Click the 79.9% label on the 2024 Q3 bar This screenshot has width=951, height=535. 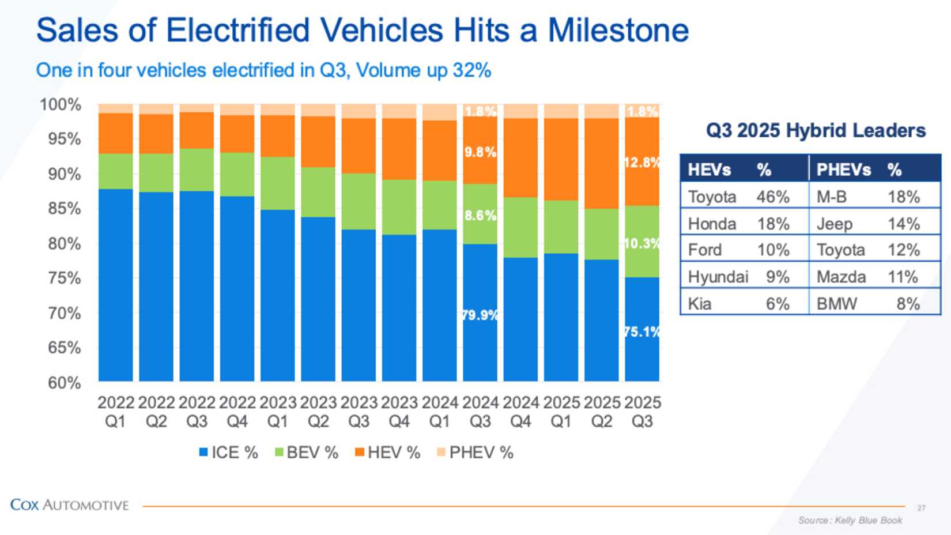pyautogui.click(x=480, y=315)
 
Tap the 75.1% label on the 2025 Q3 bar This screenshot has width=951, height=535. pyautogui.click(x=642, y=331)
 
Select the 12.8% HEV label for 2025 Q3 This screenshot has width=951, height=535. pyautogui.click(x=642, y=162)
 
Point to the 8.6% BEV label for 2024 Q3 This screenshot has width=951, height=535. pyautogui.click(x=480, y=215)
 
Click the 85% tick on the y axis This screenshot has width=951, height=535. pyautogui.click(x=65, y=209)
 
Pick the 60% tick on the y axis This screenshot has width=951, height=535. pyautogui.click(x=65, y=383)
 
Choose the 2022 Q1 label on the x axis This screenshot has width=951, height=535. pyautogui.click(x=115, y=412)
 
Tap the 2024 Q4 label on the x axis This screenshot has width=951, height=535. pyautogui.click(x=520, y=412)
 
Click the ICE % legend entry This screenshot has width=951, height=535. pyautogui.click(x=228, y=453)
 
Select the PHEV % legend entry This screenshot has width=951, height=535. pyautogui.click(x=474, y=453)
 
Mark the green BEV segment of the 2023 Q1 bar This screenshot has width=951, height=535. pyautogui.click(x=277, y=183)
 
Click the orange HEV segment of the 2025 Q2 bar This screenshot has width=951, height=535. pyautogui.click(x=601, y=163)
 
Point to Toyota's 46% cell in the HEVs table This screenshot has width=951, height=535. pyautogui.click(x=773, y=197)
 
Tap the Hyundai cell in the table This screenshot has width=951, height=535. pyautogui.click(x=718, y=277)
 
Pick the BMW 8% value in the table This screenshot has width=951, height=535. pyautogui.click(x=908, y=303)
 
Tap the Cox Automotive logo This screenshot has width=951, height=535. pyautogui.click(x=69, y=505)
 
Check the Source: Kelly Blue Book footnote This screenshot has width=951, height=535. pyautogui.click(x=850, y=520)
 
